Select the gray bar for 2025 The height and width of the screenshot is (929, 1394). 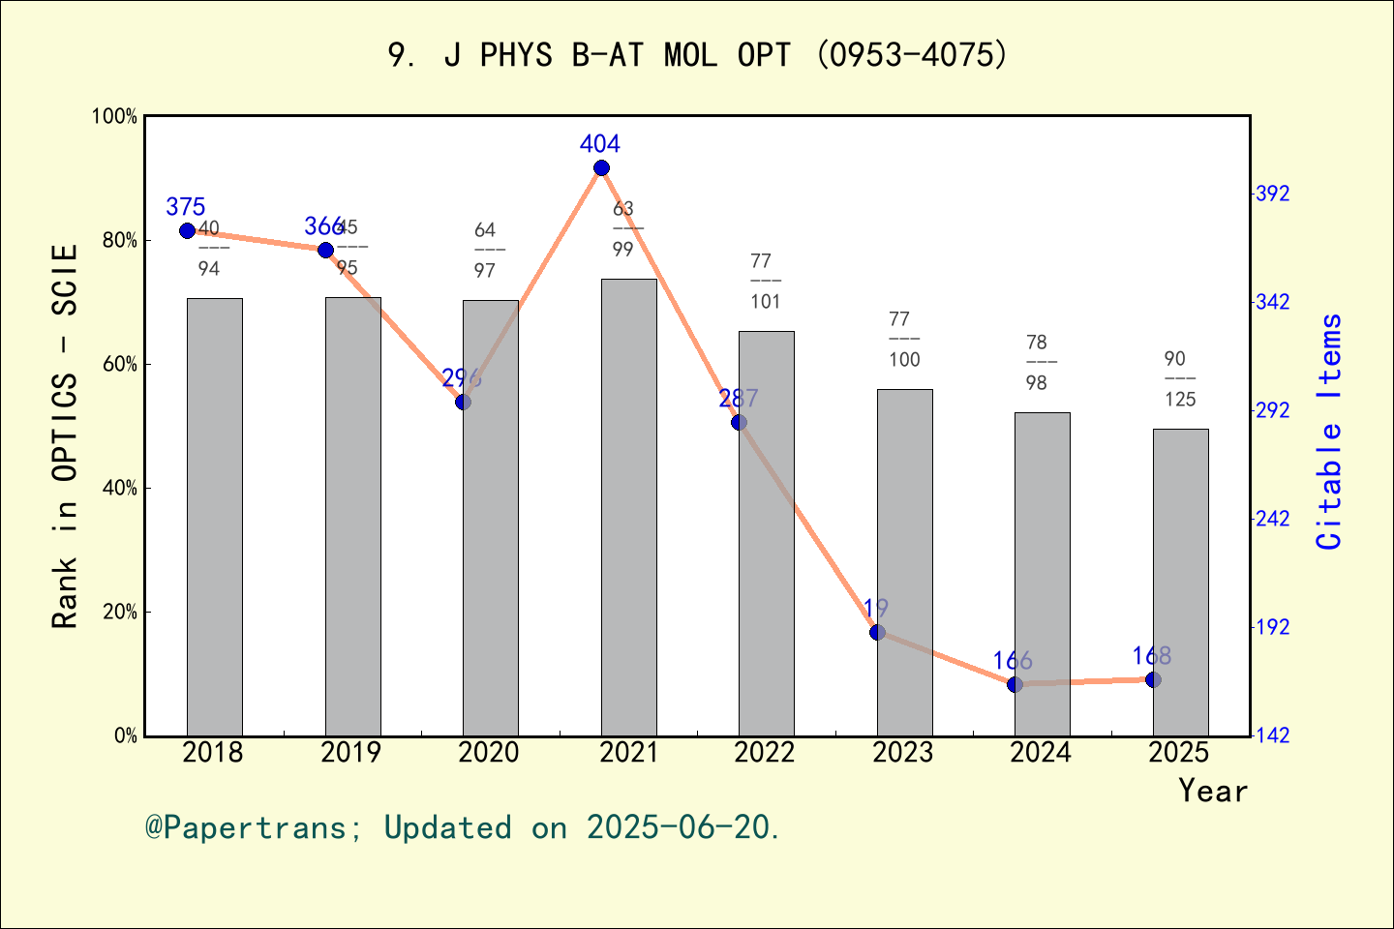click(x=1180, y=582)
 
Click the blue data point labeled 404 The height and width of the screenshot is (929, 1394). click(x=601, y=168)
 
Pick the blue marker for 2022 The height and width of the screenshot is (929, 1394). click(x=739, y=422)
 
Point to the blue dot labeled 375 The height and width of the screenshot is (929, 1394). click(x=187, y=230)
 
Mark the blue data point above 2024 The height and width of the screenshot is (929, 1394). click(x=1015, y=684)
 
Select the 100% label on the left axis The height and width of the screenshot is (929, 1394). click(x=114, y=117)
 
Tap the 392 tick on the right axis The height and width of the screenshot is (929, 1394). click(x=1273, y=195)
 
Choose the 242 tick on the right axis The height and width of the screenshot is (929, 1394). click(x=1273, y=520)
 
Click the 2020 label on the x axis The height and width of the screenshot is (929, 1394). click(x=489, y=753)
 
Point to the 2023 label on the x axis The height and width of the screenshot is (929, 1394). click(x=902, y=753)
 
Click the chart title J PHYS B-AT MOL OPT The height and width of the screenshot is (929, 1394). click(x=697, y=55)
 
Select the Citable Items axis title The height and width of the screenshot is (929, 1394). click(x=1330, y=432)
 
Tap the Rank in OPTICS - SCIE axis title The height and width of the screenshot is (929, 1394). click(x=65, y=435)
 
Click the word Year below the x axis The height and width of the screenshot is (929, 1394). click(x=1212, y=792)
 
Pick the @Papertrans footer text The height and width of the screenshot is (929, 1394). click(x=463, y=827)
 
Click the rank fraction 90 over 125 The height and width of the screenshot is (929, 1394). click(x=1179, y=379)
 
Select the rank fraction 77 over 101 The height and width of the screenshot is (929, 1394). click(x=765, y=282)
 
